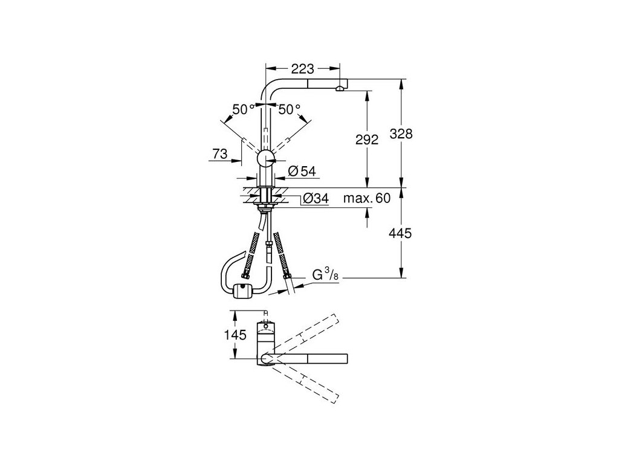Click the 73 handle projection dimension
pos(219,155)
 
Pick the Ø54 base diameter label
pos(302,172)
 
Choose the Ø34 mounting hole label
pos(314,198)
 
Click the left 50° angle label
pos(243,110)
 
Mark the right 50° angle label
pos(289,110)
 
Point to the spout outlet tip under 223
pos(340,89)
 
